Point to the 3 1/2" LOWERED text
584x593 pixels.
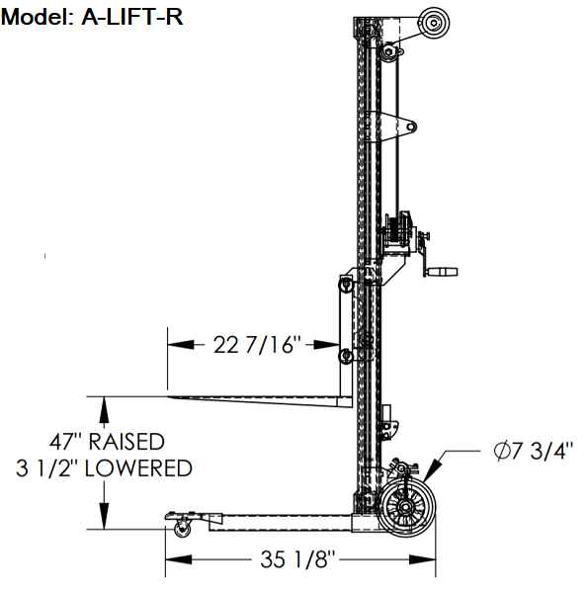(x=105, y=467)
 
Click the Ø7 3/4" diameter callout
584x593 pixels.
(x=533, y=453)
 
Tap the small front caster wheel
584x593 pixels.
(x=183, y=531)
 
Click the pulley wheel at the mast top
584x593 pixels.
(x=432, y=21)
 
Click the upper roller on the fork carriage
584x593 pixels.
(x=345, y=284)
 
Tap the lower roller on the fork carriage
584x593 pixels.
(x=345, y=356)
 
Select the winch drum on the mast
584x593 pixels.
(x=399, y=229)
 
